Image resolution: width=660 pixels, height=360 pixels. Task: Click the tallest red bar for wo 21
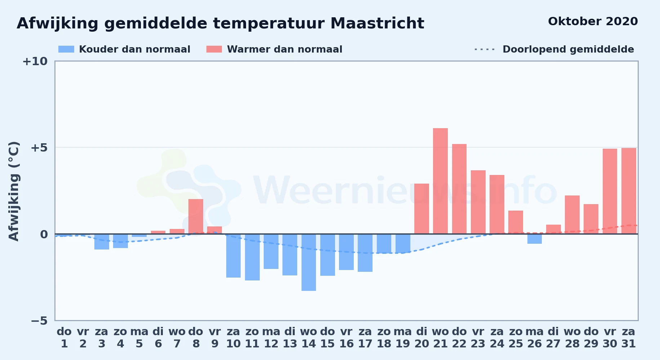click(x=440, y=181)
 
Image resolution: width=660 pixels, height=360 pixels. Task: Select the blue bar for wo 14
click(x=309, y=262)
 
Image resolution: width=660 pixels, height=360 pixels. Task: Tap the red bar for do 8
click(x=196, y=216)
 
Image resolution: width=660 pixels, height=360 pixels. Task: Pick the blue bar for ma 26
click(x=535, y=239)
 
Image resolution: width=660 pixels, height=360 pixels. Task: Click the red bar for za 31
click(x=629, y=191)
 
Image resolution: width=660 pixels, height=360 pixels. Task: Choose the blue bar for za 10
click(x=233, y=256)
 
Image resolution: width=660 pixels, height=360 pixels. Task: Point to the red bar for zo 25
click(x=516, y=222)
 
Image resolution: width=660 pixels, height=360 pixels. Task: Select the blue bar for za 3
click(x=102, y=242)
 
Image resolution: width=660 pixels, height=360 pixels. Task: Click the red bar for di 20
click(x=422, y=209)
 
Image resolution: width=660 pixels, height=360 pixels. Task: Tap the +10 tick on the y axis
click(x=35, y=61)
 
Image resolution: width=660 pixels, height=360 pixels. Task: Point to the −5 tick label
click(x=39, y=320)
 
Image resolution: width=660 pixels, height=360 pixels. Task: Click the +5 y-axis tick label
click(x=39, y=148)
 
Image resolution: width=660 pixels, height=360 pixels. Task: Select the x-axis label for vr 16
click(x=346, y=338)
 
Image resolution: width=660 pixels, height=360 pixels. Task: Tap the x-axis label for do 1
click(x=64, y=338)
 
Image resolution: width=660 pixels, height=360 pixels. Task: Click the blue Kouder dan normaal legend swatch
click(x=66, y=49)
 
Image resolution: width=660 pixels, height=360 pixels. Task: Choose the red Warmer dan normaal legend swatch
click(x=214, y=49)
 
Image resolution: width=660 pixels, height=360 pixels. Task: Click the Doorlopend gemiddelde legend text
click(x=568, y=49)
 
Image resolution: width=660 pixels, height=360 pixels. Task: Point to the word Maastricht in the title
click(x=377, y=23)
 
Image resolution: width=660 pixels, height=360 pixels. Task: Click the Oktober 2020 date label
click(x=593, y=21)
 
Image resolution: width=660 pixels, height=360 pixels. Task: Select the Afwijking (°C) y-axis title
click(x=14, y=191)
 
